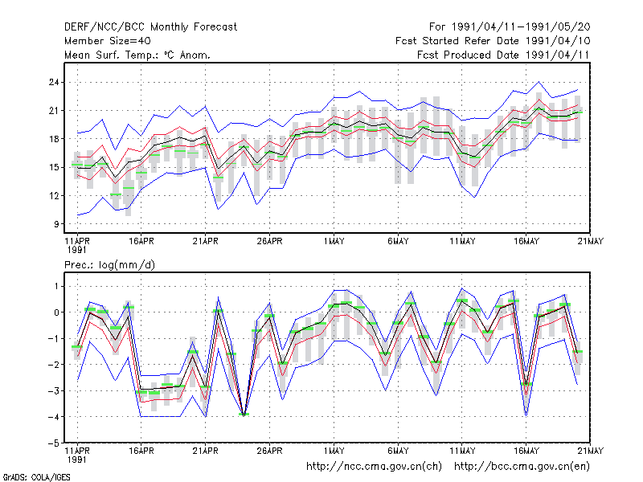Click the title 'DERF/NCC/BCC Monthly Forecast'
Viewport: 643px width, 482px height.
(x=150, y=27)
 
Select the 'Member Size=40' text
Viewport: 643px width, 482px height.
(x=108, y=41)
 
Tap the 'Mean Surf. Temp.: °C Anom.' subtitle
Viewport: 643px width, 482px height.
(x=137, y=55)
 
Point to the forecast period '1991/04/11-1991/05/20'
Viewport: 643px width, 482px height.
(x=521, y=27)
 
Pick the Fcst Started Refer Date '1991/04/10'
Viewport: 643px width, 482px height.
(x=558, y=41)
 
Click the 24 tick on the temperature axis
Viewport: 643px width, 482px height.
(x=54, y=83)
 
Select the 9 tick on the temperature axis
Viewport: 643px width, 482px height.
(x=56, y=224)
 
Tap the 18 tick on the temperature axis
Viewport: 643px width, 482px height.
(x=54, y=139)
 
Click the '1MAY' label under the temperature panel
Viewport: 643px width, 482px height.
(x=334, y=242)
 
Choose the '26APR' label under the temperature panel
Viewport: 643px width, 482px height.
(x=269, y=242)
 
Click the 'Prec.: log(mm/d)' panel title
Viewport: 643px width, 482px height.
(x=109, y=265)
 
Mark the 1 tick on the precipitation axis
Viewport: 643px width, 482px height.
(x=56, y=286)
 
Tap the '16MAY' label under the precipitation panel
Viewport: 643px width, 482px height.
(x=526, y=451)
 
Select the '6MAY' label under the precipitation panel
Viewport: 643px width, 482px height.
(x=398, y=451)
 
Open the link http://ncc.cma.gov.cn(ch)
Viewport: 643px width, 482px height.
(x=374, y=467)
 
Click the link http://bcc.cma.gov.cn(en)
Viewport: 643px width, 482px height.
(x=522, y=467)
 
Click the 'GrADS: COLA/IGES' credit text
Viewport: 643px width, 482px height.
(x=36, y=477)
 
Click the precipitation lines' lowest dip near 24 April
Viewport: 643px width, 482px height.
(x=244, y=415)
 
